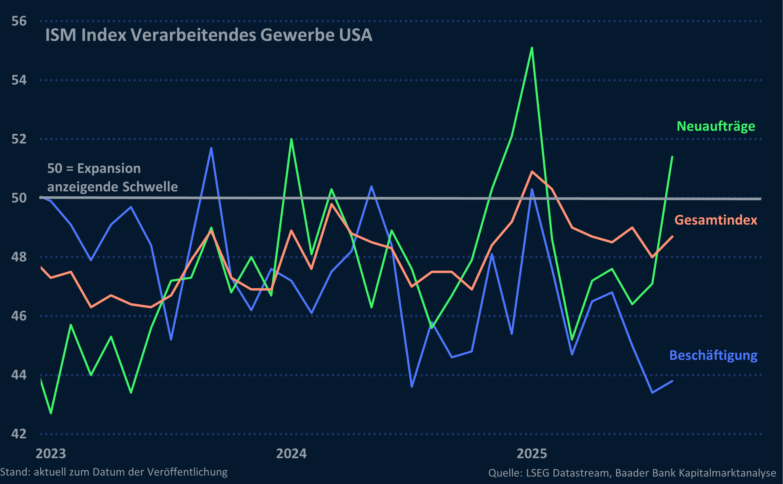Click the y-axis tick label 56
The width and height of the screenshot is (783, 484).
click(19, 21)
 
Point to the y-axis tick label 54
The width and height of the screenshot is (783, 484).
click(19, 80)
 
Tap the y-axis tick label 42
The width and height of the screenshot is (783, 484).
click(19, 434)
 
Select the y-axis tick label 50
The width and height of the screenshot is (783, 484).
click(19, 198)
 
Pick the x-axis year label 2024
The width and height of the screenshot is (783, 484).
click(291, 454)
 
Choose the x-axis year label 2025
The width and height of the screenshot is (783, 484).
click(532, 454)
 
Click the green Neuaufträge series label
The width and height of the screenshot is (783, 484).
click(716, 126)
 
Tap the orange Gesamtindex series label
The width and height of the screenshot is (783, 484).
click(716, 220)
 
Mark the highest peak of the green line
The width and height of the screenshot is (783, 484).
click(532, 48)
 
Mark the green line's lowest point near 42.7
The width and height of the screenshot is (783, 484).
click(51, 413)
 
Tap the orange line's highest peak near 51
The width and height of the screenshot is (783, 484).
click(532, 172)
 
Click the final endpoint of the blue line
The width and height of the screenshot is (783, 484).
click(672, 381)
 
